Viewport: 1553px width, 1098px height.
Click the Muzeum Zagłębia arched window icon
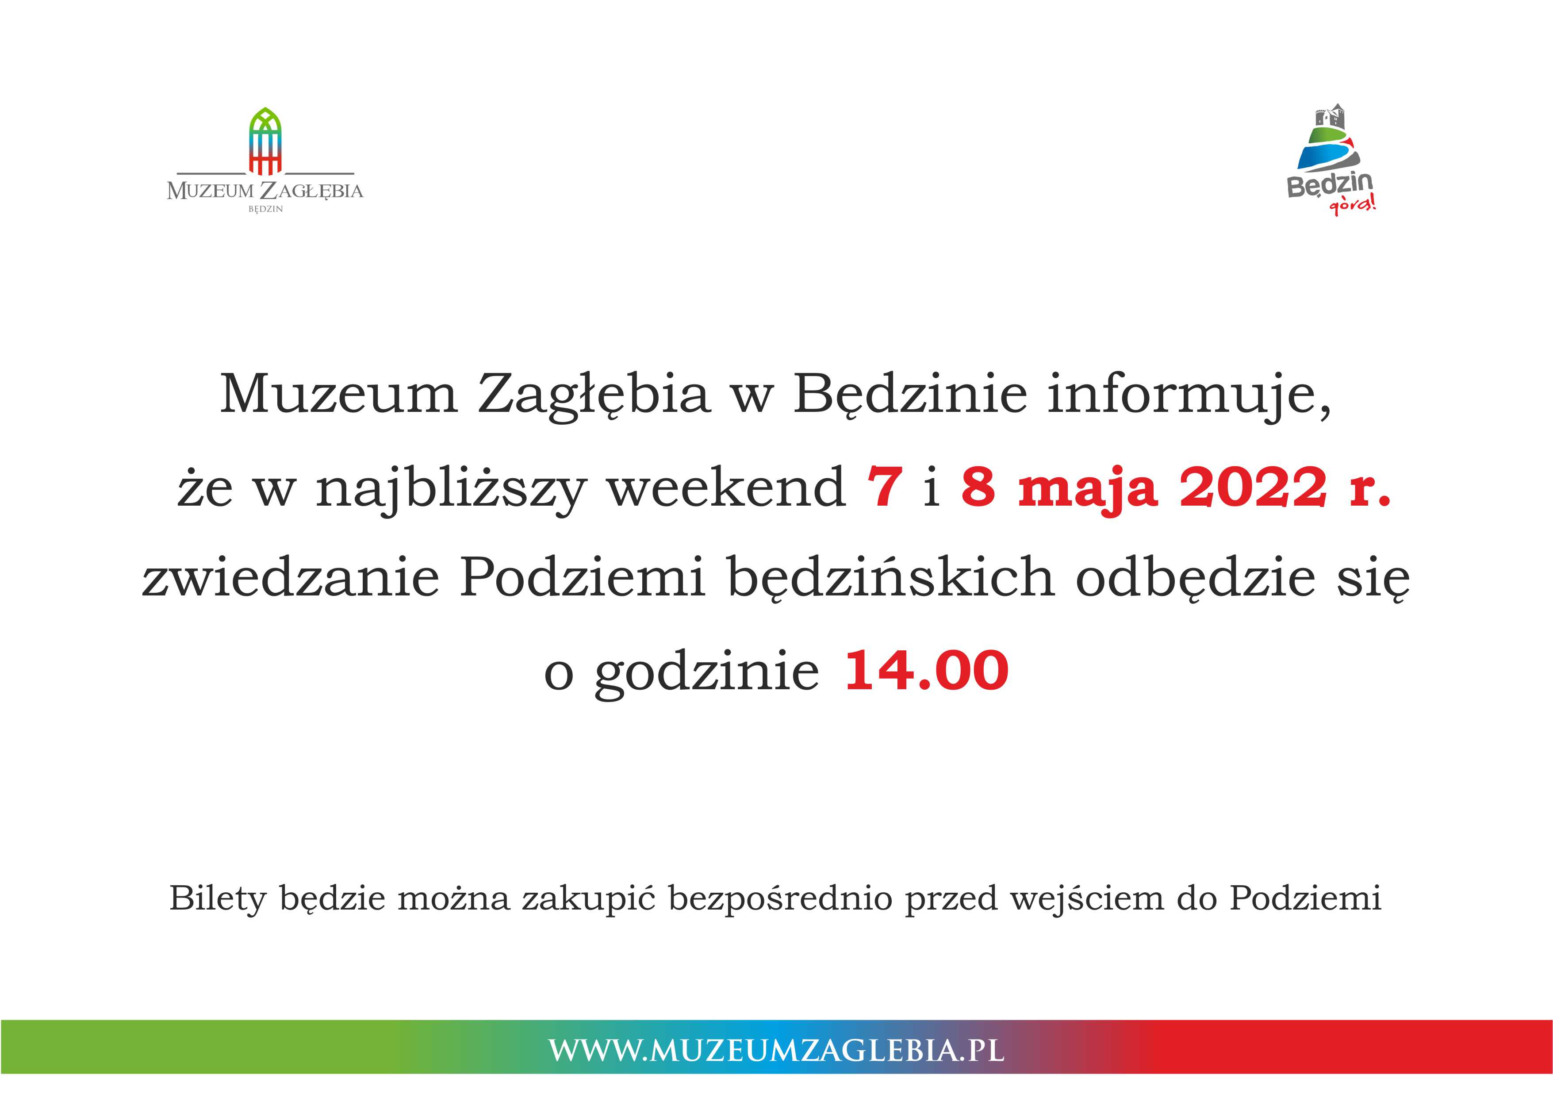pyautogui.click(x=265, y=141)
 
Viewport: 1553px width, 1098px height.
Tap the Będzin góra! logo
pyautogui.click(x=1331, y=160)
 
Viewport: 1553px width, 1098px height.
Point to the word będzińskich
pyautogui.click(x=891, y=579)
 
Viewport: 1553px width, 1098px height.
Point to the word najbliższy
pyautogui.click(x=450, y=488)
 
